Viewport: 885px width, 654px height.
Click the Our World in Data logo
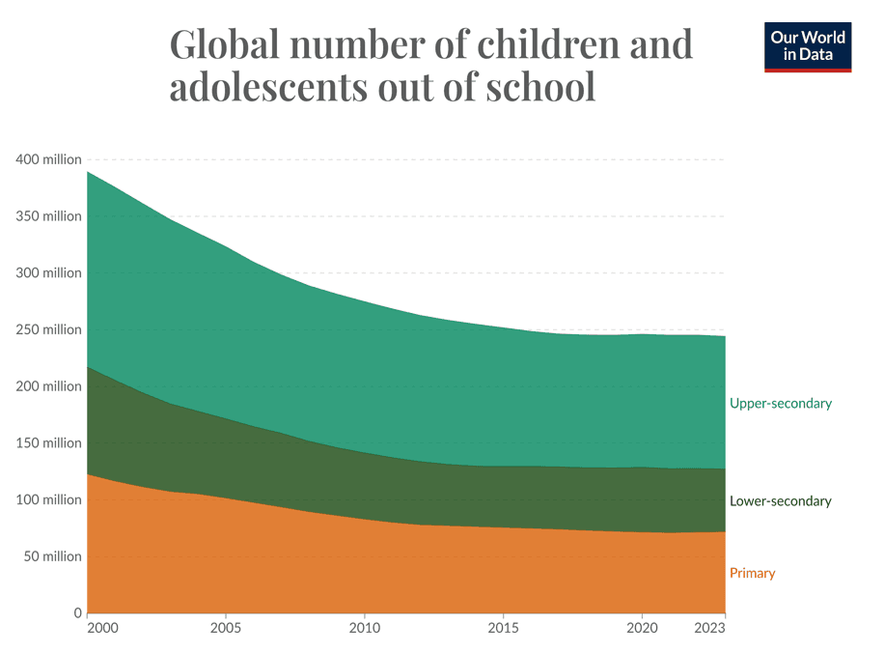808,46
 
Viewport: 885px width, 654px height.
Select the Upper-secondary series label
780,404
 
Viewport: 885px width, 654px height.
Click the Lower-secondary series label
780,501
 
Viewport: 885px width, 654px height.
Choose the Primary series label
752,573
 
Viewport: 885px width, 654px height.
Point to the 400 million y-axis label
48,159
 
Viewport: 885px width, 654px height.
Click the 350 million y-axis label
48,216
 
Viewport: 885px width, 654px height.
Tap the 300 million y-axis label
48,273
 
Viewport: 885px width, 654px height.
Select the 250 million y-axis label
48,329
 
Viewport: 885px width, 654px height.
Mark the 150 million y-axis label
48,443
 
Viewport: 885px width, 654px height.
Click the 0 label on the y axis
77,613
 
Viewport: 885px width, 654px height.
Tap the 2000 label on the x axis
101,628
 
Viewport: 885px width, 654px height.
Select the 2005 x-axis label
226,628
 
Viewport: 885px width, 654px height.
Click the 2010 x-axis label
364,628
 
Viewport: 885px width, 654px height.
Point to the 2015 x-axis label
503,628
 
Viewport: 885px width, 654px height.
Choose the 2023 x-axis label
709,628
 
